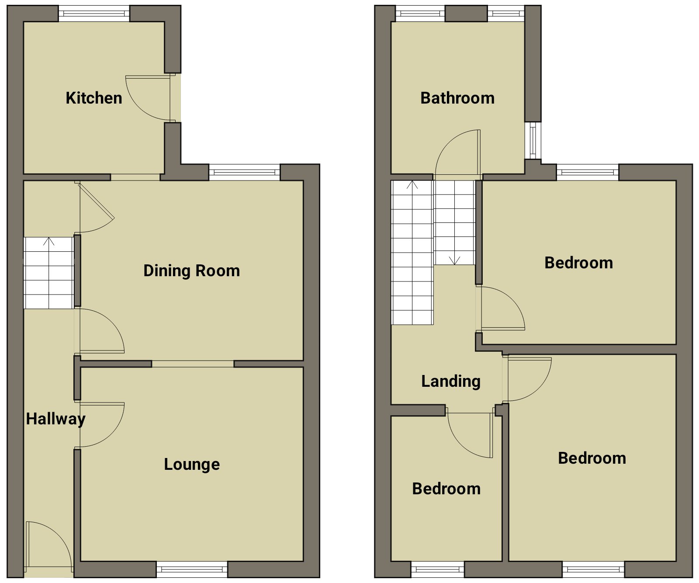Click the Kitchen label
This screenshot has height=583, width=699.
click(94, 98)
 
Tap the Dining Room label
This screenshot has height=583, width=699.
click(192, 271)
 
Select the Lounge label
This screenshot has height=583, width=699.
click(192, 465)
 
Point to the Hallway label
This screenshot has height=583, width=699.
click(55, 419)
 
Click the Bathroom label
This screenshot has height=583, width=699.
click(457, 98)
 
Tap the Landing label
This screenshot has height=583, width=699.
click(451, 382)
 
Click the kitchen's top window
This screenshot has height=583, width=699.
click(94, 14)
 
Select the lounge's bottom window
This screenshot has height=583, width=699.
click(192, 569)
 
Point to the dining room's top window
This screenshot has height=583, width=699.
click(245, 172)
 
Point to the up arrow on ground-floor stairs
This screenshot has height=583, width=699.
click(48, 241)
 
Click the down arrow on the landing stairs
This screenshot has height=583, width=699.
click(454, 260)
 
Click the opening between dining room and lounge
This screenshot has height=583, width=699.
click(193, 364)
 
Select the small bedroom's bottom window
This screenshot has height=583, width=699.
click(438, 569)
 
